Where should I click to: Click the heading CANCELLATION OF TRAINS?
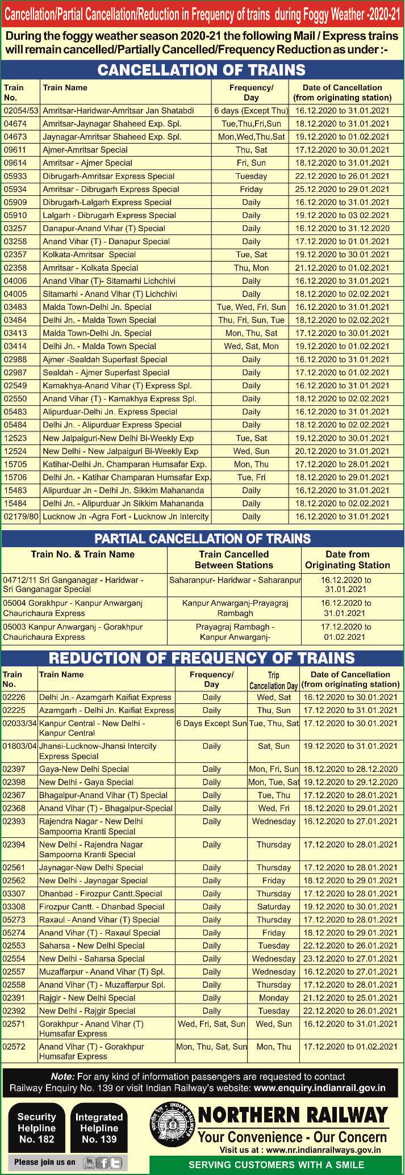coord(202,70)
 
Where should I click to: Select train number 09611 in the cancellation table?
coord(15,150)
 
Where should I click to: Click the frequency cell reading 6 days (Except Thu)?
coord(251,111)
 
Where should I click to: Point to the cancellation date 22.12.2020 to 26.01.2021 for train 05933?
coord(342,176)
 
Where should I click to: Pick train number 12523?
coord(15,438)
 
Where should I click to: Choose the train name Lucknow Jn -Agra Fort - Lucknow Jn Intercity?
coord(126,517)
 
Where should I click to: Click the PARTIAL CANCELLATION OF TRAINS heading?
coord(202,539)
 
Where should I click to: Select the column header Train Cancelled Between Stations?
coord(233,560)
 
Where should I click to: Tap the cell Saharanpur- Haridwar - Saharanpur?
coord(235,580)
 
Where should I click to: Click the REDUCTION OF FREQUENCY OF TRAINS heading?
coord(202,658)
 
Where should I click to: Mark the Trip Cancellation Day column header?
coord(273,680)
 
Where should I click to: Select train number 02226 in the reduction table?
coord(14,697)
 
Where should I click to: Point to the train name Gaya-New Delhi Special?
coord(84,769)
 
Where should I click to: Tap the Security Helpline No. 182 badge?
coord(36,1128)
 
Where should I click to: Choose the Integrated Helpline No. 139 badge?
coord(99,1128)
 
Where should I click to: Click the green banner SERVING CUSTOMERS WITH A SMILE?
coord(276,1165)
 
